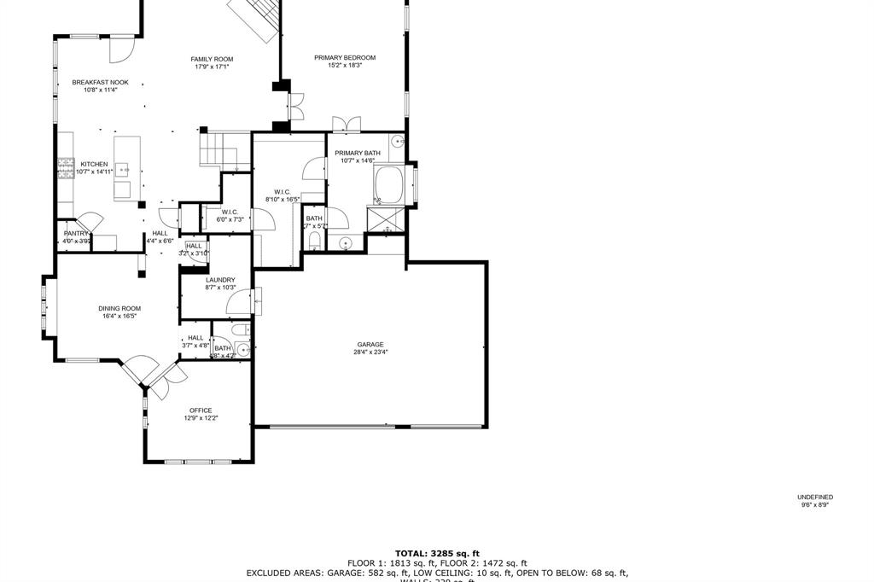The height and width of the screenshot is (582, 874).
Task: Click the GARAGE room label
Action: point(370,345)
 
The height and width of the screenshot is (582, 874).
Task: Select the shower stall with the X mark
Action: point(385,218)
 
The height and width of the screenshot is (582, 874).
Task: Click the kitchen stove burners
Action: point(64,168)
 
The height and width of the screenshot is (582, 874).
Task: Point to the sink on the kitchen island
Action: point(124,167)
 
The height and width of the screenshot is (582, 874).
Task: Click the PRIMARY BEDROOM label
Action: point(345,58)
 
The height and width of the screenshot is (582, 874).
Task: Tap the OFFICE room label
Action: point(201,410)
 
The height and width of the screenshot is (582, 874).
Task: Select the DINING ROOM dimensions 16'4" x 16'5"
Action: point(119,317)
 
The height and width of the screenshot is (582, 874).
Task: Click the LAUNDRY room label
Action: point(220,280)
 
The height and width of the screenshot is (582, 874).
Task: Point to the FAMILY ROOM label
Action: point(212,59)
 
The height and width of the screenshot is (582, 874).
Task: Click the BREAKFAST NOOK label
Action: point(100,82)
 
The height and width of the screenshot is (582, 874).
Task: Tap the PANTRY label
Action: point(76,233)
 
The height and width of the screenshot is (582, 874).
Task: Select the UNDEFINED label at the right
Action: point(815,498)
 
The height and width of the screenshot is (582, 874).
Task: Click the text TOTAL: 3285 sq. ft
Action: point(437,554)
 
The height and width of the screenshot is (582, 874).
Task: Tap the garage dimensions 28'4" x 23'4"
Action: point(370,352)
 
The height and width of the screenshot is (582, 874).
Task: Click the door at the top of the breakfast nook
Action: point(121,49)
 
